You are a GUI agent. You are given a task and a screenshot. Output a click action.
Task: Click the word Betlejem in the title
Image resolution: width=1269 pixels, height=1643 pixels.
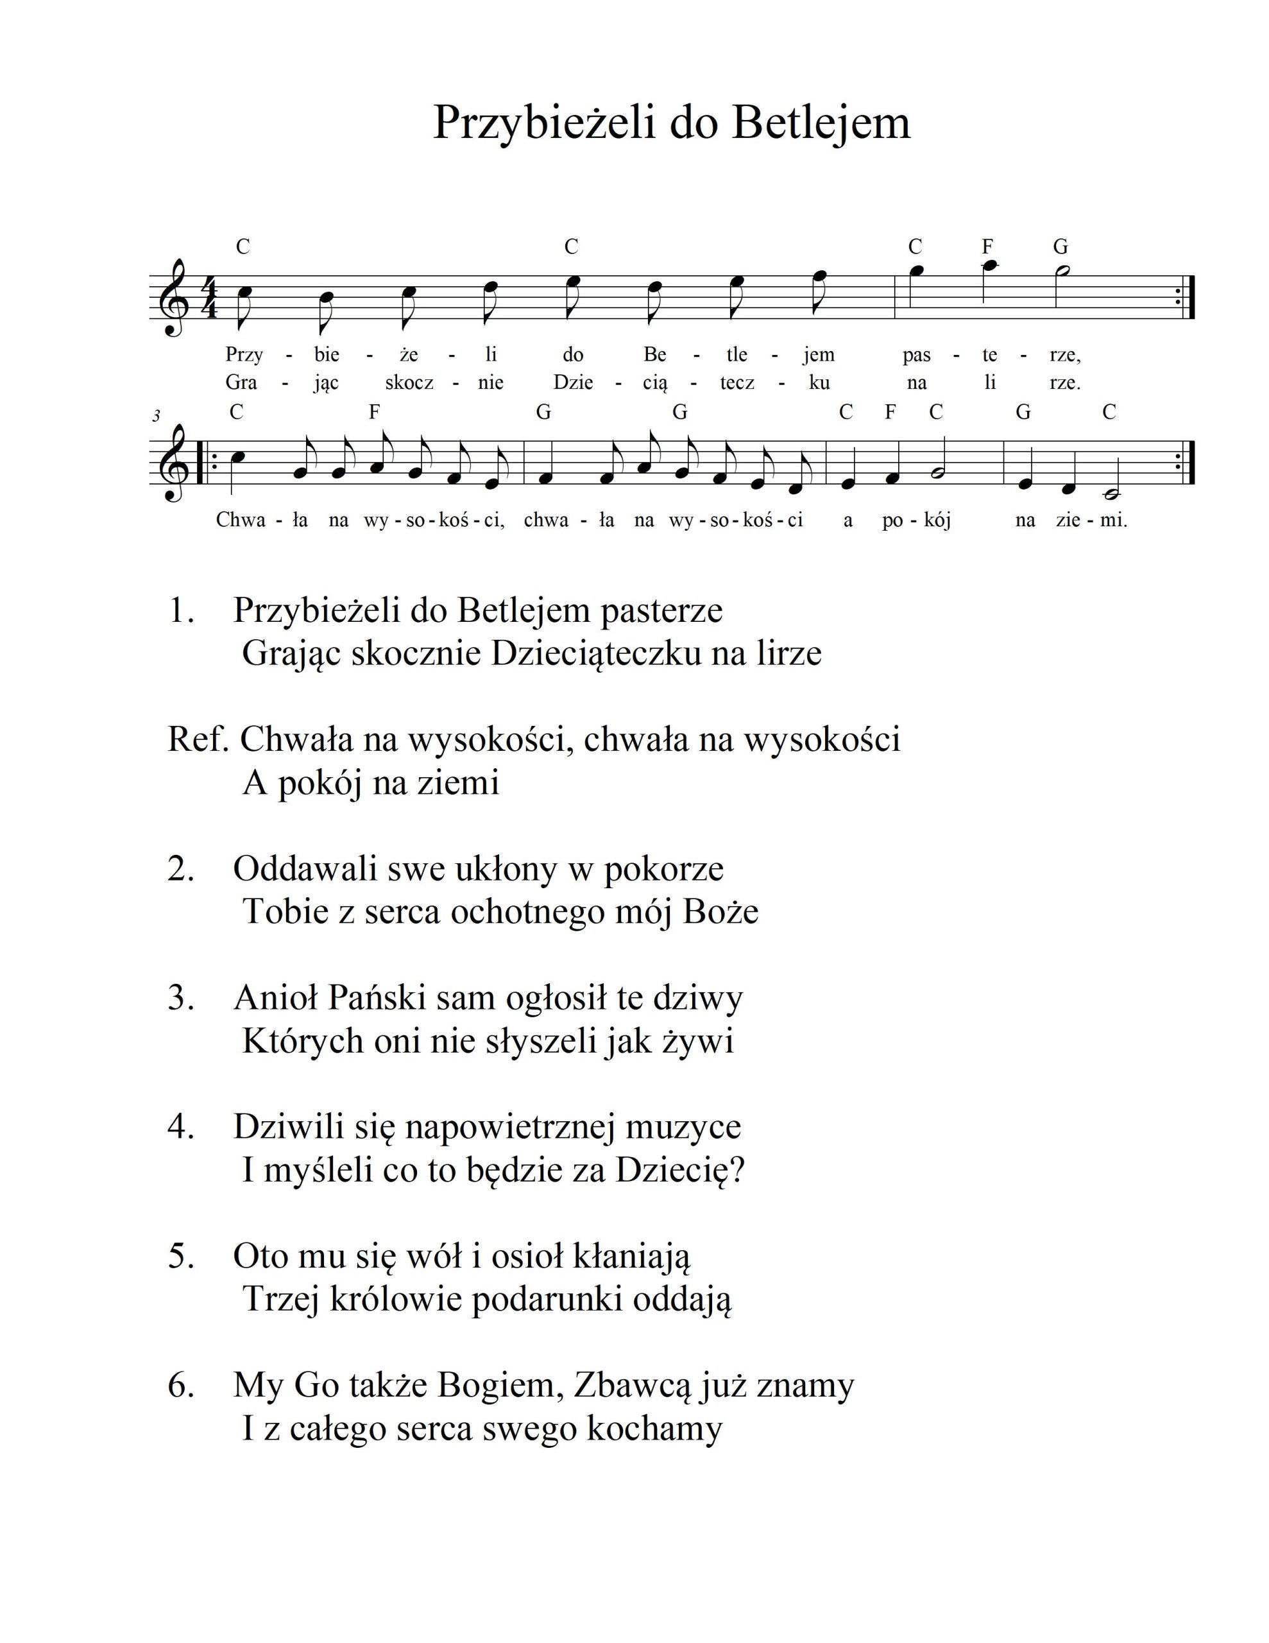(x=821, y=122)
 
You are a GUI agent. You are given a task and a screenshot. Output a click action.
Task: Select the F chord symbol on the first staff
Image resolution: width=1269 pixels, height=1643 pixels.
(x=987, y=246)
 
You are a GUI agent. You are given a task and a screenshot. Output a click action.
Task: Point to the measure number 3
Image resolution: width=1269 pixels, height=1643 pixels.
(x=156, y=416)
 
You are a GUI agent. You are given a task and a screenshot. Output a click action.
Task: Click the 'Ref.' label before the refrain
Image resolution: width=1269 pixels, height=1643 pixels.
(x=198, y=740)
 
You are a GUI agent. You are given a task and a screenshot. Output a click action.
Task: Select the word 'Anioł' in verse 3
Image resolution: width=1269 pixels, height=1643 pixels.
(x=275, y=998)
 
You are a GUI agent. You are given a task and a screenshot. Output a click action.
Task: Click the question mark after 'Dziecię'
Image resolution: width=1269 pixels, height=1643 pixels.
(x=737, y=1170)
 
